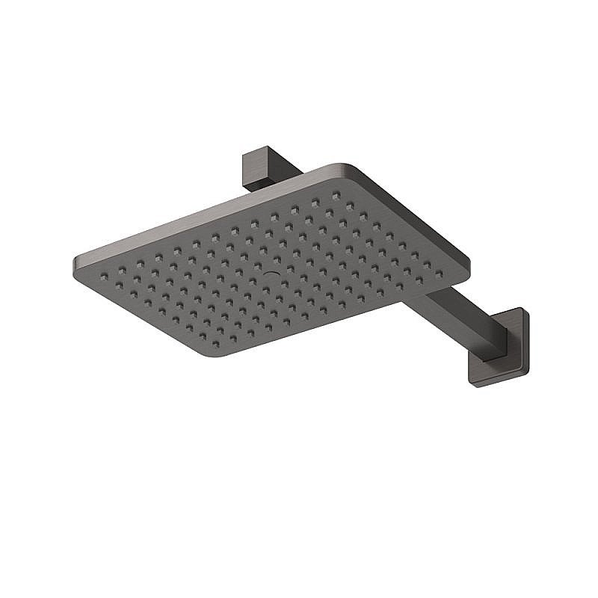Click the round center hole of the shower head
pyautogui.click(x=271, y=274)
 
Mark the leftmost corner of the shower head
pyautogui.click(x=75, y=262)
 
